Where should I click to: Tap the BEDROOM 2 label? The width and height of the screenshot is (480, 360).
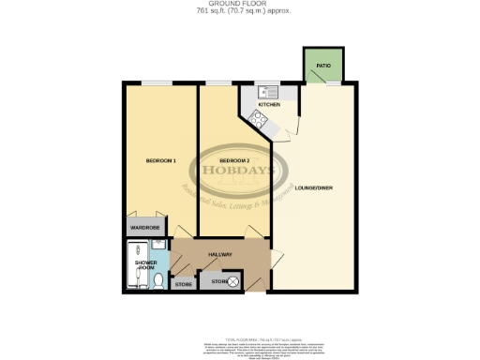222,160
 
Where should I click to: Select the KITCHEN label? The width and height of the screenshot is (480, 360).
257,105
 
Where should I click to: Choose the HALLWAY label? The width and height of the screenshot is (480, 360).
219,255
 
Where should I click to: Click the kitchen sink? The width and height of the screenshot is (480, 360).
262,92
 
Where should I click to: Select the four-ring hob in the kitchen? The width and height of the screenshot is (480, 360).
256,119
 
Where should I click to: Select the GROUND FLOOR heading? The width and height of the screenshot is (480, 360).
240,5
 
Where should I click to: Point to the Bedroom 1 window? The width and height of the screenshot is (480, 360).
158,82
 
